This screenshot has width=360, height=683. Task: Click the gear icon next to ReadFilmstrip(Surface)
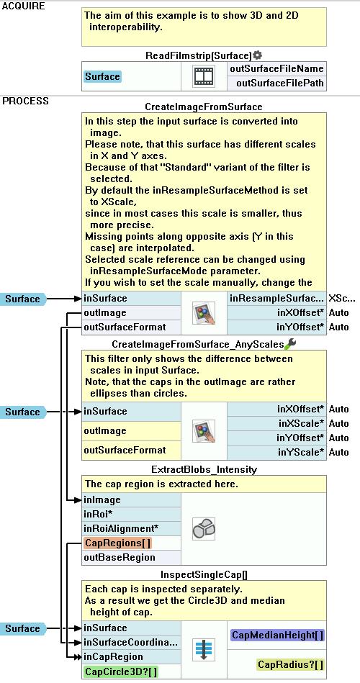point(258,55)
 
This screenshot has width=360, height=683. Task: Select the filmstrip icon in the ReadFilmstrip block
point(204,76)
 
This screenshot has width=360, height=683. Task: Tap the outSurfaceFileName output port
point(276,69)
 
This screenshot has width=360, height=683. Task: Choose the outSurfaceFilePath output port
point(280,83)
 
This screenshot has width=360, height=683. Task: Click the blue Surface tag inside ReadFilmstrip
point(102,77)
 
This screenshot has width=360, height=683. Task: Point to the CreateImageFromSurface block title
point(204,107)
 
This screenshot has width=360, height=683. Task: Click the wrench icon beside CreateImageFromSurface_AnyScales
point(290,344)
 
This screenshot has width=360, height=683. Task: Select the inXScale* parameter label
point(301,423)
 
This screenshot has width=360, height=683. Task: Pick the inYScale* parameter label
point(301,452)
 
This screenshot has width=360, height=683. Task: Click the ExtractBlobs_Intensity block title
point(204,469)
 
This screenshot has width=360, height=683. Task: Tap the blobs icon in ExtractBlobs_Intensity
point(204,529)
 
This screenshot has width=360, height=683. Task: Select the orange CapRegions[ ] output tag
point(117,543)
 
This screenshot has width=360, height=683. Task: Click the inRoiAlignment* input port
point(121,529)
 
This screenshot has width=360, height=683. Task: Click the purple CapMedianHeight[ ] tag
point(278,635)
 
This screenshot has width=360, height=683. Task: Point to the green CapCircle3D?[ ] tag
point(120,671)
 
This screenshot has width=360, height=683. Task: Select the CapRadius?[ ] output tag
point(291,664)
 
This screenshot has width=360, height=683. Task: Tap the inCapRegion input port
point(113,656)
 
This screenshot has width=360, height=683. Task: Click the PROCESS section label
point(26,101)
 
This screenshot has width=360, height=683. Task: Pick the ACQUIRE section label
point(24,6)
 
